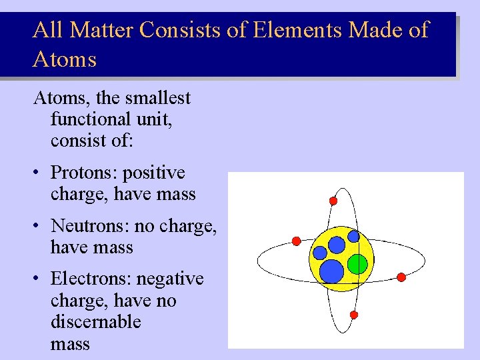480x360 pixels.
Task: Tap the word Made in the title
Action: [x=377, y=30]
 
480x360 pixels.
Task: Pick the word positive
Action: [x=154, y=173]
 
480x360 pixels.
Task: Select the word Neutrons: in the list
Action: [x=91, y=226]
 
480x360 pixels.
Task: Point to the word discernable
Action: [x=96, y=322]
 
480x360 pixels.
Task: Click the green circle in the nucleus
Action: [x=357, y=265]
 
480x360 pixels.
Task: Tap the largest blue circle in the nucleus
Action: [x=331, y=271]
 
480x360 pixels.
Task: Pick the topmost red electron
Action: [x=333, y=201]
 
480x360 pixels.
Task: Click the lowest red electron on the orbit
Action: [x=354, y=314]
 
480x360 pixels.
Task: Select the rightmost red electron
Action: [x=401, y=277]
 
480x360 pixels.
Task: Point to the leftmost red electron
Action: [x=296, y=241]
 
